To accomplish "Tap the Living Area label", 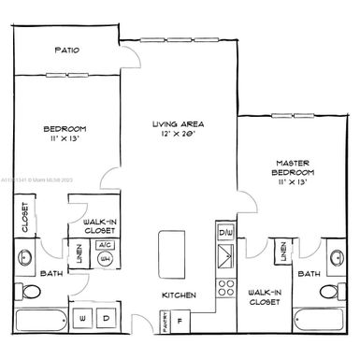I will (x=179, y=128).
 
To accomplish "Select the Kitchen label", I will (x=179, y=295).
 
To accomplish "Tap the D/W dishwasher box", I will (x=224, y=231).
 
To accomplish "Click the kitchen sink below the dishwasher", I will (x=225, y=257).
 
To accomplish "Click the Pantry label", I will (x=164, y=323).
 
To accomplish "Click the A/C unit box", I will (x=105, y=245).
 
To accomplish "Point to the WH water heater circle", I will (x=105, y=259).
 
